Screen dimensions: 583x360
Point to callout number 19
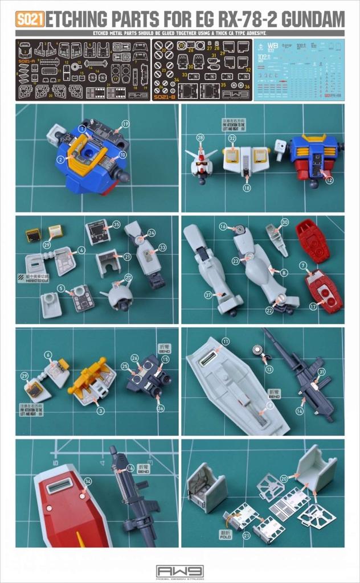coord(125,124)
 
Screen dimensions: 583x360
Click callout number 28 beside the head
coord(200,137)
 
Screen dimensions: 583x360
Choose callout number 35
coord(116,224)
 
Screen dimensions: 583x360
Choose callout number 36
coord(161,408)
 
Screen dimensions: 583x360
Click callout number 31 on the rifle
coord(322,372)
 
